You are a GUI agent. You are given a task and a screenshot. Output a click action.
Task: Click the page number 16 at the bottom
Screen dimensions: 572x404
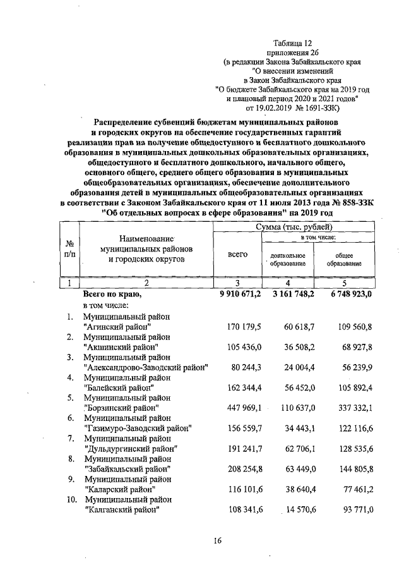click(x=217, y=540)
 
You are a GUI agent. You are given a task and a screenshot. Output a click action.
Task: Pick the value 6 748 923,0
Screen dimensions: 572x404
click(x=350, y=295)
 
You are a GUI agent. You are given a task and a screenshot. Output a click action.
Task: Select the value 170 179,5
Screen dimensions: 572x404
click(x=244, y=327)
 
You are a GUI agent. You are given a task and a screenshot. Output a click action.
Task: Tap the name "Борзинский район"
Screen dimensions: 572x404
click(x=122, y=408)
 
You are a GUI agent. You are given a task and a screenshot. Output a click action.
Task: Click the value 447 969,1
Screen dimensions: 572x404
click(x=244, y=408)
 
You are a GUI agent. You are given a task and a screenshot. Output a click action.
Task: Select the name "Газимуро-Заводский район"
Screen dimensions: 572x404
click(x=137, y=428)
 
